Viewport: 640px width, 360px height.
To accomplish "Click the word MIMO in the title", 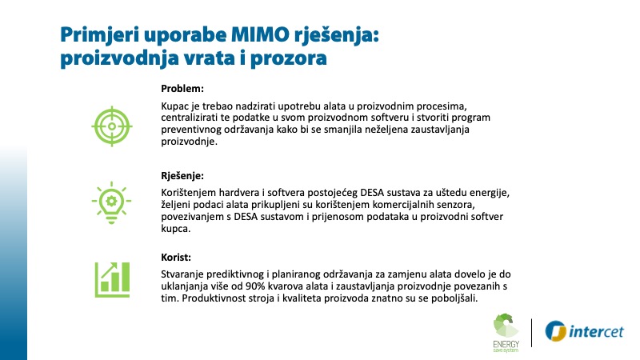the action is click(x=260, y=34).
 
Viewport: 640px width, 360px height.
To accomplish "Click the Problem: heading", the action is click(x=182, y=89).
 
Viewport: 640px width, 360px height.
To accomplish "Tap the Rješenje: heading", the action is click(x=182, y=176).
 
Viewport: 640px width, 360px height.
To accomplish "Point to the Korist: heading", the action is click(x=176, y=258).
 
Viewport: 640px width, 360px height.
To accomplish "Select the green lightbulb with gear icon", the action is click(x=111, y=202).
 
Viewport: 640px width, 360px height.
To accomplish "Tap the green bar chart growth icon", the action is click(x=112, y=279).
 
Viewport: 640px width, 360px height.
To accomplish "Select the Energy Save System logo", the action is click(x=506, y=333).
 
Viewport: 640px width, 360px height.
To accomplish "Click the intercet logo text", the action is click(x=596, y=331).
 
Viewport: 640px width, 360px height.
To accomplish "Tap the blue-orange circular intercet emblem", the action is click(x=555, y=330).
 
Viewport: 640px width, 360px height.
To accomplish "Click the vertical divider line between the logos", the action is click(x=532, y=333).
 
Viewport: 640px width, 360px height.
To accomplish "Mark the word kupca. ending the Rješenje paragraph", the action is click(x=175, y=229).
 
